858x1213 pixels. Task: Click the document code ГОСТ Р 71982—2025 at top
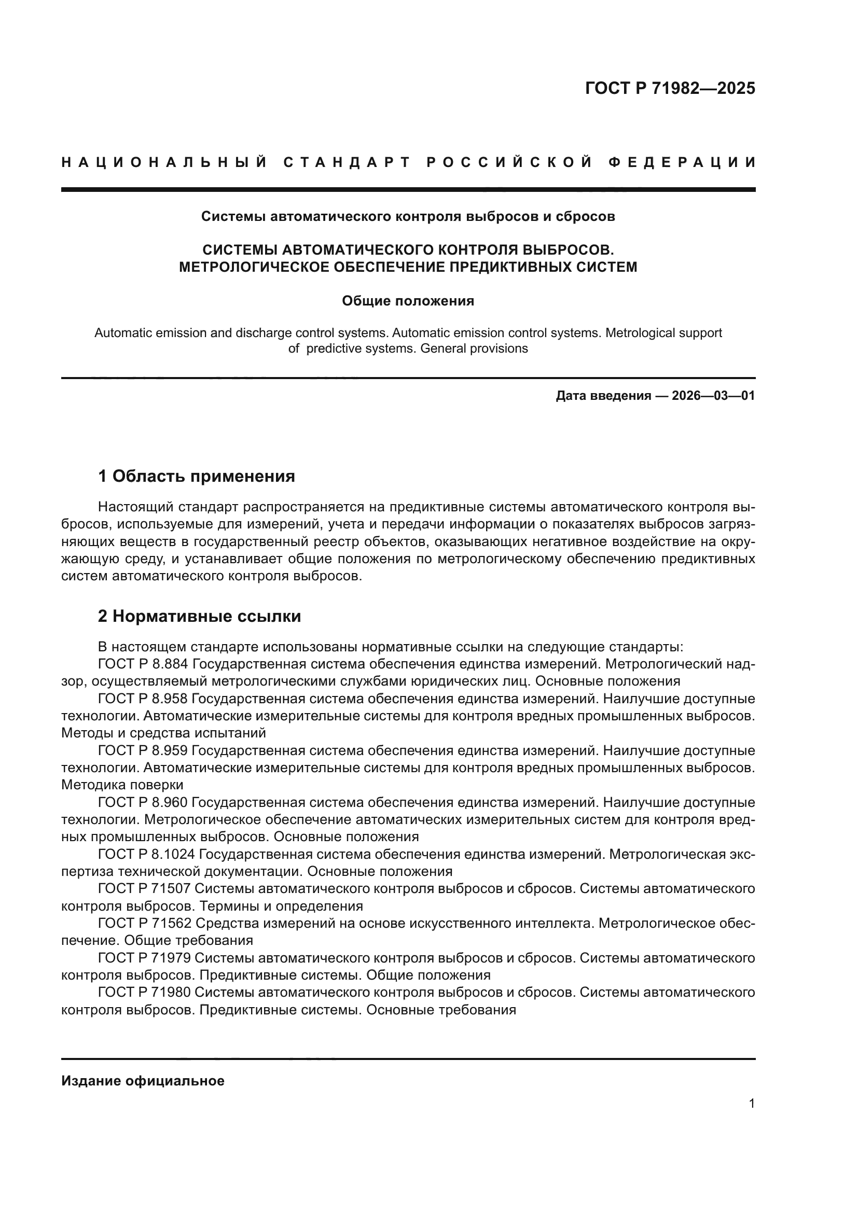[670, 88]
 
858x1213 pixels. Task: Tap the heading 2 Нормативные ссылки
[199, 616]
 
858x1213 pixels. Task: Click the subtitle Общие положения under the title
[408, 301]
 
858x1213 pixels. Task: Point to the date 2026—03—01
[713, 396]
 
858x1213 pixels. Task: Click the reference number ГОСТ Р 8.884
[143, 664]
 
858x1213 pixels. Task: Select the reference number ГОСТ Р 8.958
[143, 699]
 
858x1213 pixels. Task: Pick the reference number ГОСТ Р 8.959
[143, 751]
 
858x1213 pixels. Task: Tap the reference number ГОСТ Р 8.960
[143, 802]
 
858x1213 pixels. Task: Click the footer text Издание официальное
[143, 1080]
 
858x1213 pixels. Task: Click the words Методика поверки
[122, 785]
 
